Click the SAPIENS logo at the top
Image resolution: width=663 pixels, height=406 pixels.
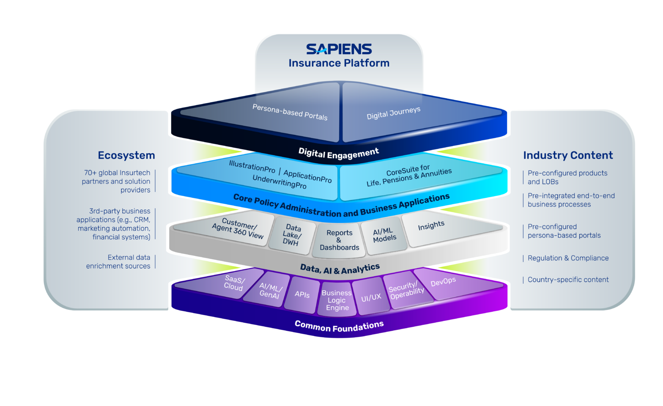click(339, 49)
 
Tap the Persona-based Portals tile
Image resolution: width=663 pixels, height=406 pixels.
click(290, 112)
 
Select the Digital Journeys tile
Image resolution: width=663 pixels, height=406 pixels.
click(393, 113)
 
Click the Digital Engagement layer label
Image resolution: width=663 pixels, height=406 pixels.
click(338, 154)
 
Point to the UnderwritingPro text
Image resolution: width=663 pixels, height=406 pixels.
click(279, 182)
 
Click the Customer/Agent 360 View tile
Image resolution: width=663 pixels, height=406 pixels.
click(238, 229)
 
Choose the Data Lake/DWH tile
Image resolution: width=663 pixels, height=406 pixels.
click(291, 235)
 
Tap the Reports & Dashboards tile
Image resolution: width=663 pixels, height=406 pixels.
click(339, 240)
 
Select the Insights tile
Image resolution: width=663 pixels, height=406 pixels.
click(431, 226)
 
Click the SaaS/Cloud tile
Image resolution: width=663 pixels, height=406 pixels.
click(234, 283)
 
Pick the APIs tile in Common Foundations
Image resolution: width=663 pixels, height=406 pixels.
click(302, 294)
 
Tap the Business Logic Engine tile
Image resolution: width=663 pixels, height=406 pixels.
click(337, 300)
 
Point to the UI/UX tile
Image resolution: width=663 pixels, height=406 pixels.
click(371, 298)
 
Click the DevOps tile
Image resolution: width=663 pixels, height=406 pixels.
click(443, 282)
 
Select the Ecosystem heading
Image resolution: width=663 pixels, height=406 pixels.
click(126, 155)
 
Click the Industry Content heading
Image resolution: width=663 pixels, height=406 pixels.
click(567, 155)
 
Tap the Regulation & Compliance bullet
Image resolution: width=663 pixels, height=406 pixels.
click(567, 258)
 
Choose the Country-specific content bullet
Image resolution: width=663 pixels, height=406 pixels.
click(567, 280)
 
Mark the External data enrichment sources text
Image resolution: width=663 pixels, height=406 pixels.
click(118, 262)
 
